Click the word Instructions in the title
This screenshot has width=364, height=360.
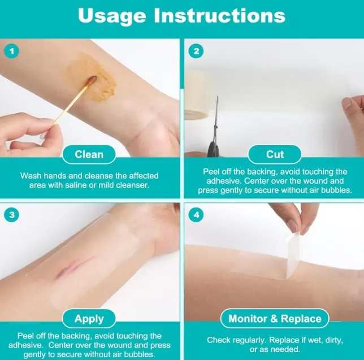click(x=220, y=15)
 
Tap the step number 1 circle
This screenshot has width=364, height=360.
click(x=12, y=51)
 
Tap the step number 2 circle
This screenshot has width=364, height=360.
click(x=196, y=51)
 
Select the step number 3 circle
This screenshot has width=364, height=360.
click(x=12, y=215)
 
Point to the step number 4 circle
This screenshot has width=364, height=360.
click(x=196, y=215)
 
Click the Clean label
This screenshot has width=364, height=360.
click(x=89, y=155)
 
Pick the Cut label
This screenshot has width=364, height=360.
click(x=275, y=154)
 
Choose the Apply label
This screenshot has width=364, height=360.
click(x=89, y=319)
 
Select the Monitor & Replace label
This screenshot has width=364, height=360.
click(x=275, y=319)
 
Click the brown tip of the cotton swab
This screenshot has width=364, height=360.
click(x=92, y=79)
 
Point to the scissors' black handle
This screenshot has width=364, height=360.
click(x=214, y=148)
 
